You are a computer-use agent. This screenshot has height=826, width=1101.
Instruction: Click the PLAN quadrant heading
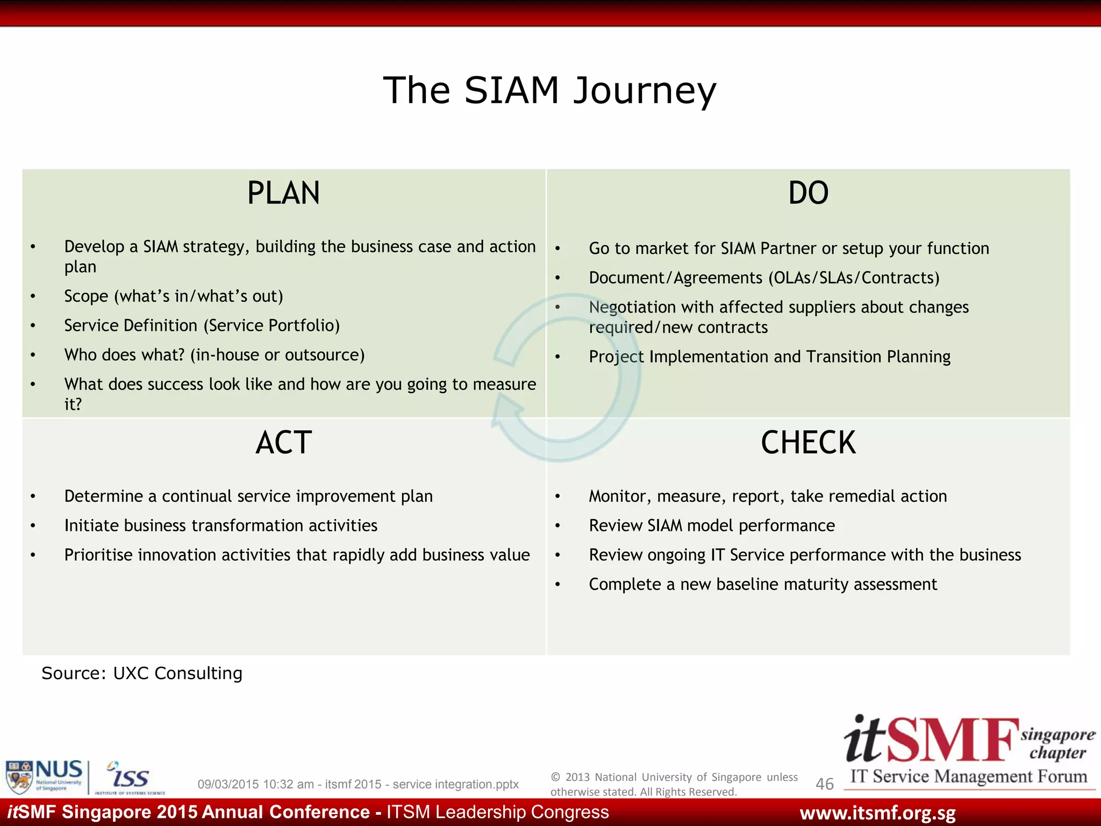[x=283, y=193]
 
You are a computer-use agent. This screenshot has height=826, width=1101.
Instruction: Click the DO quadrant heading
[x=808, y=193]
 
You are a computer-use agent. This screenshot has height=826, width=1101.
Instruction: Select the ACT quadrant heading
[x=283, y=443]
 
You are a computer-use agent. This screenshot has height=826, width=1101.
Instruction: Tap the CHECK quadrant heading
[x=808, y=443]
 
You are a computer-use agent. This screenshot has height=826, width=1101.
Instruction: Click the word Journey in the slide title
[x=645, y=90]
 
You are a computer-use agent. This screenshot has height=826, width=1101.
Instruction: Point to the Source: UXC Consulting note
[x=142, y=673]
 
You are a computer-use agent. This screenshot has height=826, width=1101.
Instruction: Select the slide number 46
[x=824, y=784]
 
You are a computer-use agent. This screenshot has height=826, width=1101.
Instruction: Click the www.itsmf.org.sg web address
[x=877, y=813]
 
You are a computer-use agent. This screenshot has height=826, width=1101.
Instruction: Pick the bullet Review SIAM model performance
[x=712, y=525]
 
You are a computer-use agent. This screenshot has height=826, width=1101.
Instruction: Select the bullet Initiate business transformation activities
[x=220, y=525]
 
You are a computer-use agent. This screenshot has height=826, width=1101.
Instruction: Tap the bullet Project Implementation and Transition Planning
[x=769, y=357]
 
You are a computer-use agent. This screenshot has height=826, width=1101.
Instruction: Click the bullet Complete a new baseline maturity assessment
[x=762, y=584]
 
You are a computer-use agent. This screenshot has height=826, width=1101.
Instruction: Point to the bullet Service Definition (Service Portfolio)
[x=202, y=325]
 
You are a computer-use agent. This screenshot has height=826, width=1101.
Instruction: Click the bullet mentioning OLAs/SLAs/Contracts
[x=764, y=277]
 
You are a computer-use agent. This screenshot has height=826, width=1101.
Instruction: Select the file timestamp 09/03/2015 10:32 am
[x=255, y=784]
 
